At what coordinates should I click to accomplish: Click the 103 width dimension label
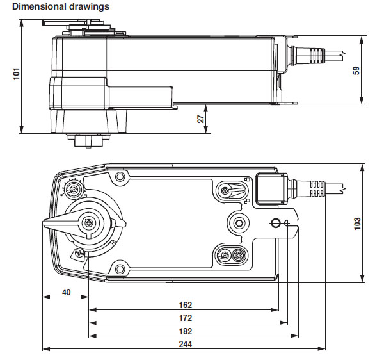pos(365,224)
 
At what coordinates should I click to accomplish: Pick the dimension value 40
pos(66,292)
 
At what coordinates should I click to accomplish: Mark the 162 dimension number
pos(186,306)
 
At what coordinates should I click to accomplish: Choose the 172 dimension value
pos(186,318)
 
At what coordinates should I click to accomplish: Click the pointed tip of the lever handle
pos(45,222)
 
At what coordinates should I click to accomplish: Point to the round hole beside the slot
pos(276,223)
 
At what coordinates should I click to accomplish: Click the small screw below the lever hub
pos(79,253)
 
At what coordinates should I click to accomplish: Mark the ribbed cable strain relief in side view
pos(315,56)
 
